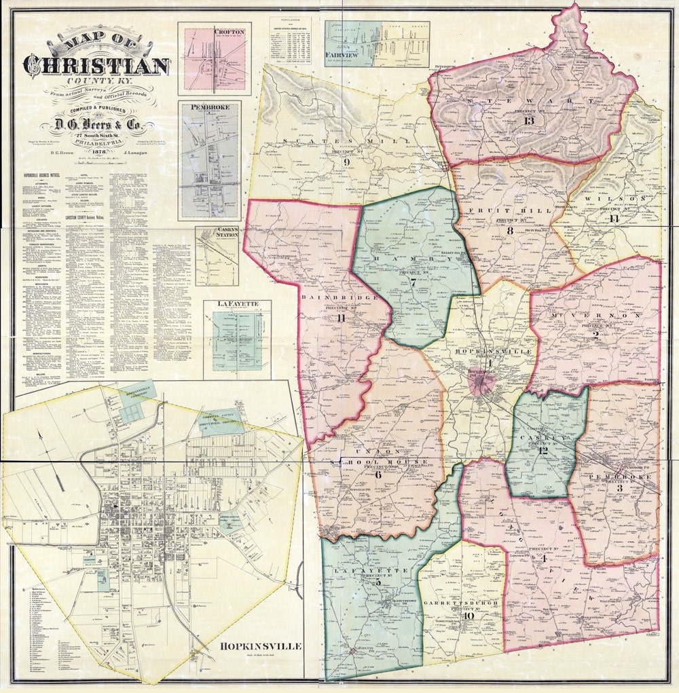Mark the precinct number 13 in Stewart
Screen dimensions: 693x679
530,121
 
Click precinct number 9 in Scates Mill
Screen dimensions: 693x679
346,162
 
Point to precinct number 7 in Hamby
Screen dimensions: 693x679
412,282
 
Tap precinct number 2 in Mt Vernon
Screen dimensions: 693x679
595,333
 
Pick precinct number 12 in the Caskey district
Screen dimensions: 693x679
543,450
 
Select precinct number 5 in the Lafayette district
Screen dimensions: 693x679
369,582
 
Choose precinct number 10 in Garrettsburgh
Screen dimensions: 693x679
469,616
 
